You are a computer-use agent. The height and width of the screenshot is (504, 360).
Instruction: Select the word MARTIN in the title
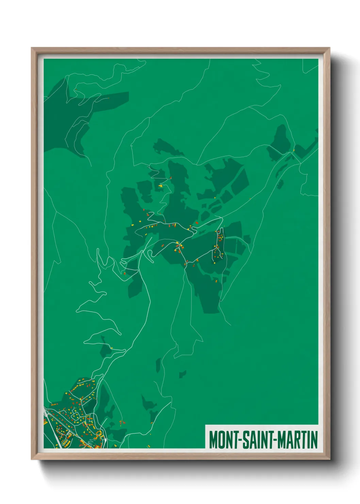point(298,440)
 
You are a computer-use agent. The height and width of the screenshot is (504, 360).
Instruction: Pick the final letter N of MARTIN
point(314,440)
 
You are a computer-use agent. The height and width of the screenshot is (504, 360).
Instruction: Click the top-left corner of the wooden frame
point(32,48)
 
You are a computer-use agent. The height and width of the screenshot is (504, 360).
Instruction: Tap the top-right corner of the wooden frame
point(329,48)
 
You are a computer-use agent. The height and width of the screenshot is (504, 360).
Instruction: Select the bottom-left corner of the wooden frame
point(32,459)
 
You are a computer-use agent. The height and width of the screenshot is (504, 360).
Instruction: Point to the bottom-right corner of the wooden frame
point(329,459)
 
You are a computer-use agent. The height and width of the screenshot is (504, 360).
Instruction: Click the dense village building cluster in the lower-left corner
point(73,419)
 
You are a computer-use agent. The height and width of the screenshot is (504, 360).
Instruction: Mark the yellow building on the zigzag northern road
point(161,186)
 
